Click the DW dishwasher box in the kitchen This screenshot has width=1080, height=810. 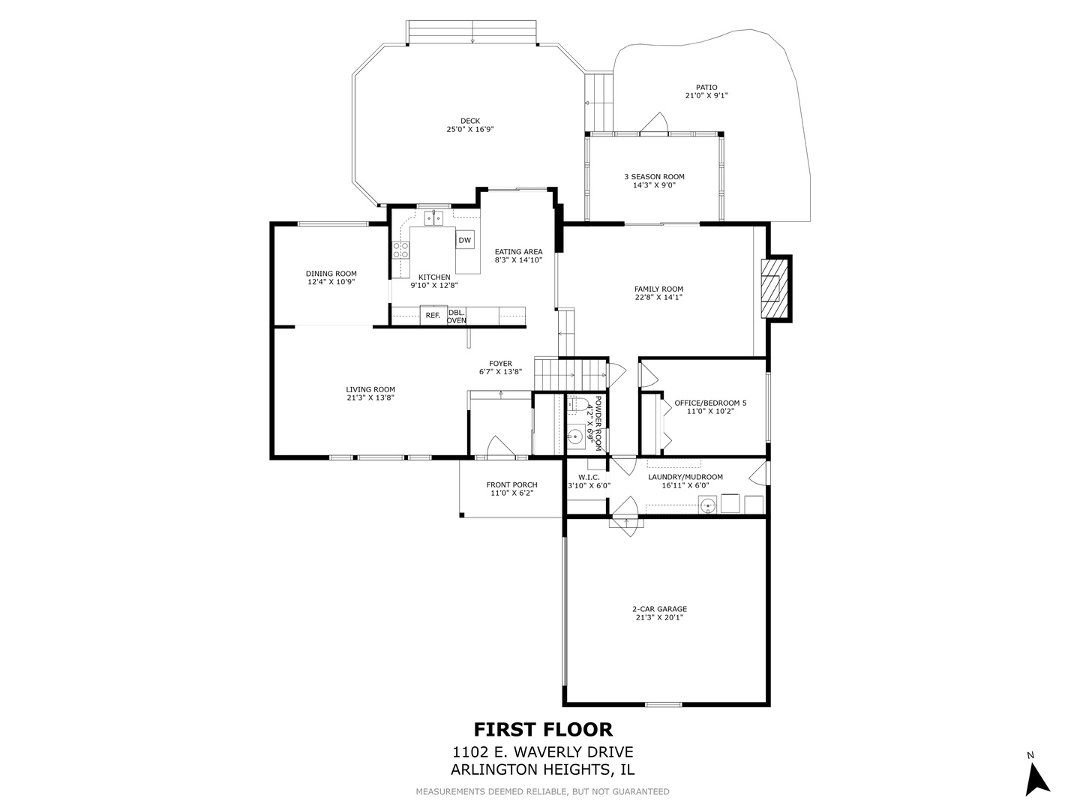[x=465, y=240]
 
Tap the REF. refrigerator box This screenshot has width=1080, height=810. [x=433, y=316]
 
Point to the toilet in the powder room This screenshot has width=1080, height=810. [x=575, y=406]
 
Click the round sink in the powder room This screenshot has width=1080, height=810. [x=575, y=435]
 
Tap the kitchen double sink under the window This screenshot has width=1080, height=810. [x=433, y=218]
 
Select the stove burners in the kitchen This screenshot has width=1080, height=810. [x=400, y=249]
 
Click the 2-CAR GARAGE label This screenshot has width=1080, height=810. [x=659, y=609]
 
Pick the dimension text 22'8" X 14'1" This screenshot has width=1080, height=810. [x=658, y=297]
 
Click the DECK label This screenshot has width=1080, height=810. [x=470, y=121]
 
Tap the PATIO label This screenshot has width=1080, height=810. [x=706, y=87]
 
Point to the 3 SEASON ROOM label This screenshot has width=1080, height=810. [x=654, y=177]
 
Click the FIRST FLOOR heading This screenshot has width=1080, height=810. [x=543, y=729]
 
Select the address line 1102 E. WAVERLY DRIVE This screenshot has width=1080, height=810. [x=543, y=752]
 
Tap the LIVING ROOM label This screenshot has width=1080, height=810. [x=370, y=389]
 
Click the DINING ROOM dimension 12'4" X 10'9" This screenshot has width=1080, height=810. [x=331, y=282]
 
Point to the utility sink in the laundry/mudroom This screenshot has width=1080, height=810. [x=707, y=506]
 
